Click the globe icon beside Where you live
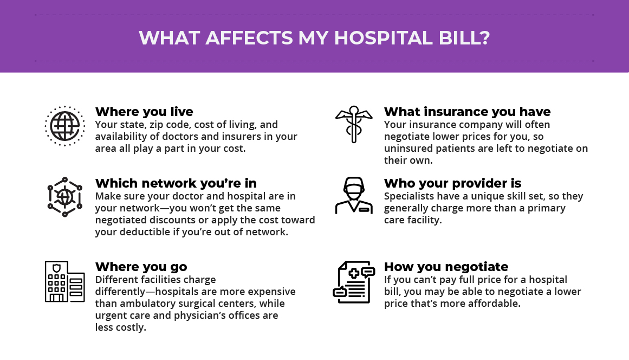coord(64,126)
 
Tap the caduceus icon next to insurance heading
coord(353,124)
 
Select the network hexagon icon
coord(64,197)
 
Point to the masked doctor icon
coord(354,195)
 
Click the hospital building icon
coord(64,281)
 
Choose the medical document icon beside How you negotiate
coord(354,282)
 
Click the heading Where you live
coord(144,112)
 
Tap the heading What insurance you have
coord(468,112)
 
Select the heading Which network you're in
coord(176,183)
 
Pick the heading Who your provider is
coord(452,183)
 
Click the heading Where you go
coord(141,267)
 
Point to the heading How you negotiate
coord(446,267)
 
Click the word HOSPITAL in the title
coord(383,38)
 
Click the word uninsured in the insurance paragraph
coord(408,149)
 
